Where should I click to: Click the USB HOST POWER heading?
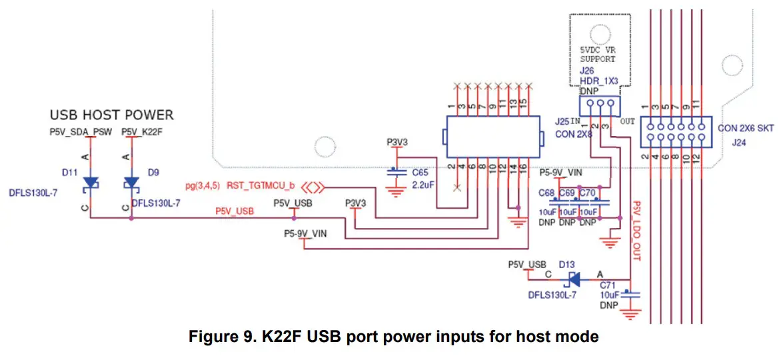click(111, 115)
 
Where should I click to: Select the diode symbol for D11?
click(90, 183)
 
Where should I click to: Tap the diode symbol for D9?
click(131, 183)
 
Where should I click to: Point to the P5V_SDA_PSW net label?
click(81, 132)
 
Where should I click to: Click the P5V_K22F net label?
click(143, 132)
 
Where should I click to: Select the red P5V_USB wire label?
click(234, 211)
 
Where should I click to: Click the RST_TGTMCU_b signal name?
click(261, 185)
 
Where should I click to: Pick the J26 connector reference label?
click(586, 70)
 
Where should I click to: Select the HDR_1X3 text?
click(598, 81)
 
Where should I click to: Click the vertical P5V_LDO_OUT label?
click(636, 230)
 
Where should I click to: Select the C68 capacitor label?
click(547, 193)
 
